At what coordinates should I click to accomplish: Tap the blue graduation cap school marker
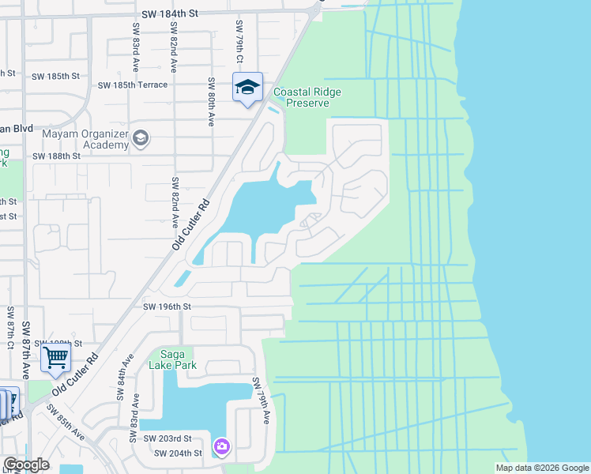coord(247,87)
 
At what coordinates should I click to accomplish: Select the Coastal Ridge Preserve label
coord(307,97)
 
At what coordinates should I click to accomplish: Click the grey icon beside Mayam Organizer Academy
coord(141,139)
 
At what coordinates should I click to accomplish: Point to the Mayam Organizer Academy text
coord(85,139)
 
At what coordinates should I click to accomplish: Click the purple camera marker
coord(221,447)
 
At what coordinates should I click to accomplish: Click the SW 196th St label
coord(169,307)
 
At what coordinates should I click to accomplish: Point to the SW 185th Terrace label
coord(133,85)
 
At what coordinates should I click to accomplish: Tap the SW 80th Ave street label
coord(211,102)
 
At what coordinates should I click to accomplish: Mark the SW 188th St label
coord(57,156)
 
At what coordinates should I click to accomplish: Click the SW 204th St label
coord(178,453)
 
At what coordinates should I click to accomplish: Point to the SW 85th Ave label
coord(66,423)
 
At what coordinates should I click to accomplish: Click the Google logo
coord(26,465)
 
